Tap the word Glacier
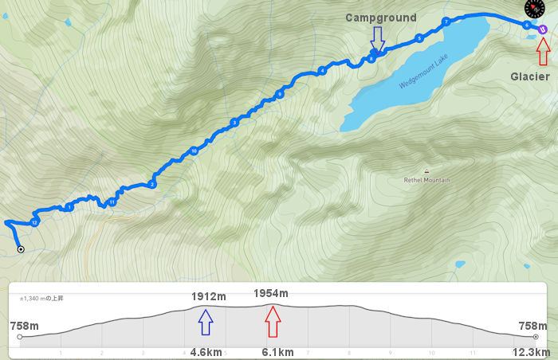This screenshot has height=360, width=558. (530, 76)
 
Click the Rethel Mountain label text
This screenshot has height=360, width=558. (427, 180)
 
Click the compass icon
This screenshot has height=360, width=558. (535, 9)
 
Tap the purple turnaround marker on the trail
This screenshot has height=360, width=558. (543, 29)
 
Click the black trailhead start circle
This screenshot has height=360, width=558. (21, 249)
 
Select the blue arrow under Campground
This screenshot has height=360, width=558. (377, 37)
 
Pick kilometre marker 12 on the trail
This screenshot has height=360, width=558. (34, 221)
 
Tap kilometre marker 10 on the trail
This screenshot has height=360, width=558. (194, 151)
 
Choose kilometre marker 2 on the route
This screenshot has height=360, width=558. (151, 185)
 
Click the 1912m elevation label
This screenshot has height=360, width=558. (209, 297)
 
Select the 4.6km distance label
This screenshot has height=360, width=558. (206, 351)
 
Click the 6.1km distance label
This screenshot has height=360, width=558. (278, 351)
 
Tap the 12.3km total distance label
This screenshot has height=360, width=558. (530, 351)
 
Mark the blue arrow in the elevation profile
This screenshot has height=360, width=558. (206, 321)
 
